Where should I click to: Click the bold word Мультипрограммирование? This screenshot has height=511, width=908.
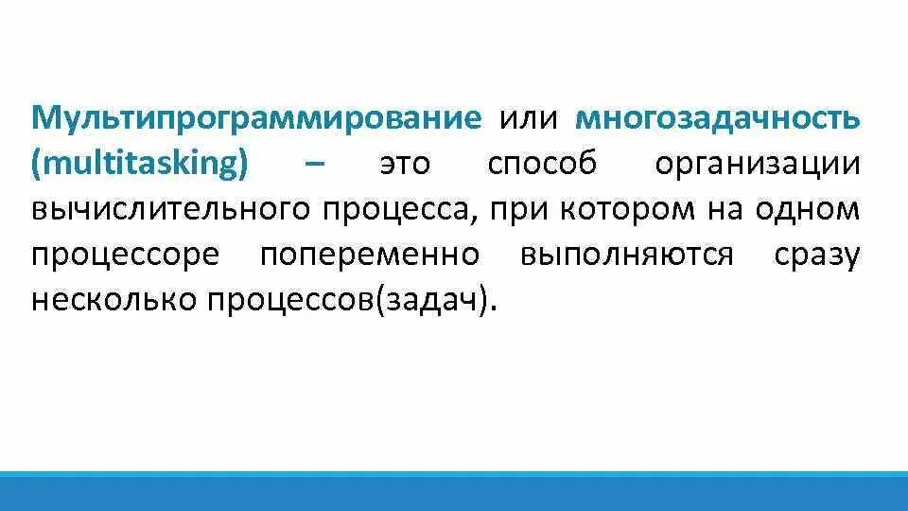[x=257, y=118]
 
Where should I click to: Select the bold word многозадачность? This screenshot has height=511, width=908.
[x=718, y=118]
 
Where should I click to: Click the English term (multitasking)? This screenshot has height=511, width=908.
[x=140, y=165]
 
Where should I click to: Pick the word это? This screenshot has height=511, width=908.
[x=404, y=165]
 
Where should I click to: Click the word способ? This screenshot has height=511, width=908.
[x=543, y=165]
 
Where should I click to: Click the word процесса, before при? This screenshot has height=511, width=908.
[x=402, y=210]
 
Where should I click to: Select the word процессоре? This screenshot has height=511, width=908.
[x=126, y=255]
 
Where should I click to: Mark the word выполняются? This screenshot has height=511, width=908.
[x=626, y=255]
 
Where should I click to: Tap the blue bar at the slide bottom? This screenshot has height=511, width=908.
[x=454, y=491]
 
